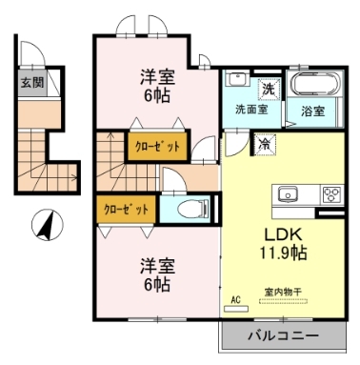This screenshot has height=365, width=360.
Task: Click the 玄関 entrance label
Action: (31, 82)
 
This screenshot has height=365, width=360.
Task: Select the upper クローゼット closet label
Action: (149, 148)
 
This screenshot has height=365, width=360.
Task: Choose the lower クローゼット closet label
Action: (124, 207)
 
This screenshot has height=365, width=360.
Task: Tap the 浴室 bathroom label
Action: (312, 111)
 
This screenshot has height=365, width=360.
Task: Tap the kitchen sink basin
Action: (289, 194)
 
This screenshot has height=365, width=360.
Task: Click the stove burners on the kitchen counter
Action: (332, 194)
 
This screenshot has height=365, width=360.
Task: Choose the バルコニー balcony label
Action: (282, 336)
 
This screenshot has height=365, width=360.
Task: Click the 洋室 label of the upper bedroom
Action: (160, 76)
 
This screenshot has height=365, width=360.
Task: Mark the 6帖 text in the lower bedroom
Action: (158, 283)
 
